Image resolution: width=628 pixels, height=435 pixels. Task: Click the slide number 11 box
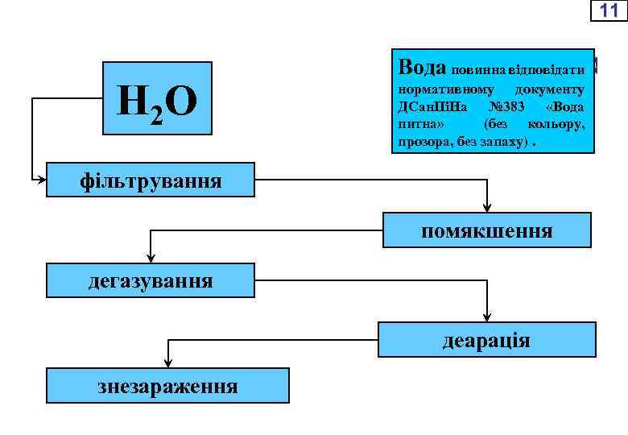pos(609,10)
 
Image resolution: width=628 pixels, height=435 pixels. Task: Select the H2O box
pos(158,98)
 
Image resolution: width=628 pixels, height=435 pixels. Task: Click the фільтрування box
pos(151,180)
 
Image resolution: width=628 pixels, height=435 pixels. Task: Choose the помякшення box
pos(486,230)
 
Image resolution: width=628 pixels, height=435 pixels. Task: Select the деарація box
pos(486,339)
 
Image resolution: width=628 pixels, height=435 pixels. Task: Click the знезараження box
pos(167,385)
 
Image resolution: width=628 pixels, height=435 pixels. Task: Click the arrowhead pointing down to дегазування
pos(149,259)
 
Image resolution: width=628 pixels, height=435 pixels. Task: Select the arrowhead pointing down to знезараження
pos(167,363)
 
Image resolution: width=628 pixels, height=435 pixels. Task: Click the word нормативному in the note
pos(440,89)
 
